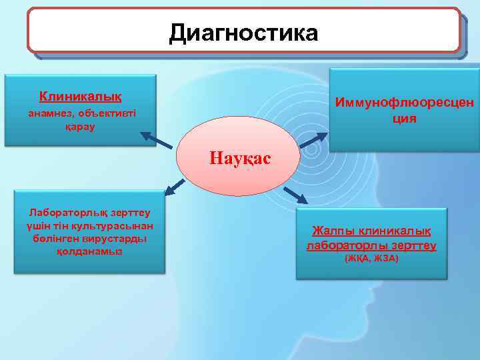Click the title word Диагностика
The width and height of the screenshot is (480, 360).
click(x=243, y=32)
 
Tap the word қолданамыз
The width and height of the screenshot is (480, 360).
click(x=89, y=251)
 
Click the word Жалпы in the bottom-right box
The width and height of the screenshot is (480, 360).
click(x=334, y=231)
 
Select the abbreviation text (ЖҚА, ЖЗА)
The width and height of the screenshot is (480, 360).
click(x=371, y=258)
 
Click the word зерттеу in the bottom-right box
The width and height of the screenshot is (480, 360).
click(x=414, y=245)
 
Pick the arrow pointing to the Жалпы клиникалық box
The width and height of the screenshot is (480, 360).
click(x=295, y=195)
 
